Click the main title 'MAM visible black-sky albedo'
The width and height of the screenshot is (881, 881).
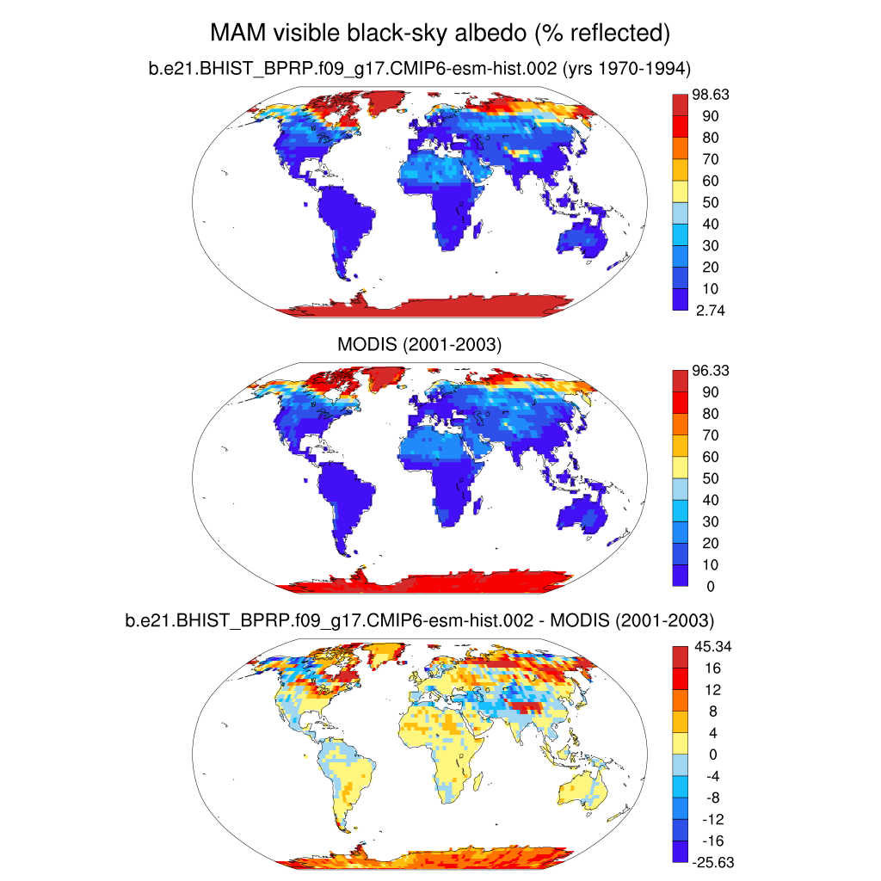click(x=440, y=34)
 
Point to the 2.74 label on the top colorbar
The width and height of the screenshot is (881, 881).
click(x=710, y=311)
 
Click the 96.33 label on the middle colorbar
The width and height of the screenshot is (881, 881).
click(x=711, y=371)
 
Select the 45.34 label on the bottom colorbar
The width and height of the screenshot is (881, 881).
click(x=711, y=646)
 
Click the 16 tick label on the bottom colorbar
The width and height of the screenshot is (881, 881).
click(x=704, y=668)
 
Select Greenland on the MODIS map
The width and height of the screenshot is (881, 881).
click(x=379, y=377)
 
